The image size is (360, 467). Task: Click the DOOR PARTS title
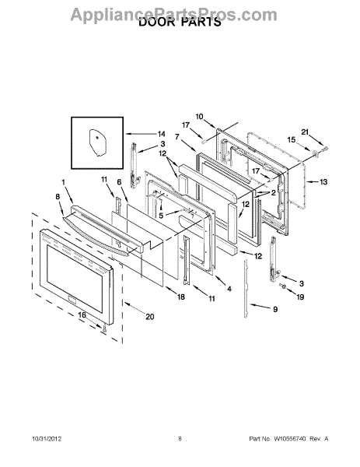click(x=180, y=22)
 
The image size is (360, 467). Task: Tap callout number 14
click(x=162, y=134)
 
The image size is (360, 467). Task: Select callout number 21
click(x=305, y=132)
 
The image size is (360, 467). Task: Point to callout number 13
click(x=323, y=181)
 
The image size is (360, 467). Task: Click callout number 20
click(x=150, y=317)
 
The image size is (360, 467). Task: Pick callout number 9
click(x=275, y=310)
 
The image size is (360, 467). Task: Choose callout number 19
click(x=300, y=297)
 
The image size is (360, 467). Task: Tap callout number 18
click(x=181, y=297)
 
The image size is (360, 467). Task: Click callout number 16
click(x=82, y=315)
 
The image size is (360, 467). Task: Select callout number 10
click(x=199, y=116)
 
